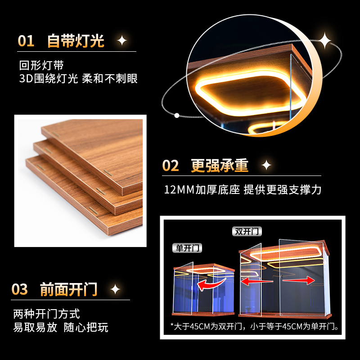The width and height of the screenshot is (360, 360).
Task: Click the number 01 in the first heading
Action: pos(26,41)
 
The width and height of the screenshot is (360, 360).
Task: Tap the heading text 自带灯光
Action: pos(76,41)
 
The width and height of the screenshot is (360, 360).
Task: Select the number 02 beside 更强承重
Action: pos(171,166)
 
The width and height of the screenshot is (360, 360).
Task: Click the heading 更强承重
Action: pos(220,166)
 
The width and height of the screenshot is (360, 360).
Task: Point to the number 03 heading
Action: pos(20,289)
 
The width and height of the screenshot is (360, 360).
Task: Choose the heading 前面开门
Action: pos(69,289)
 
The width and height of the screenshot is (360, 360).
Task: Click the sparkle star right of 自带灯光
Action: pos(121,41)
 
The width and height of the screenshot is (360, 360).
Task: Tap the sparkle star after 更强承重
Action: pos(266,166)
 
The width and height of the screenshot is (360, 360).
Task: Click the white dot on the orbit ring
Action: pos(177,115)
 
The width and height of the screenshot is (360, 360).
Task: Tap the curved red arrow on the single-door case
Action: pos(212,284)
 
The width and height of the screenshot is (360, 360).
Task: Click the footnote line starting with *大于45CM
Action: pos(254,326)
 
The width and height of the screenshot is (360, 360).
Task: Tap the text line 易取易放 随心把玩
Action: pos(61,327)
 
